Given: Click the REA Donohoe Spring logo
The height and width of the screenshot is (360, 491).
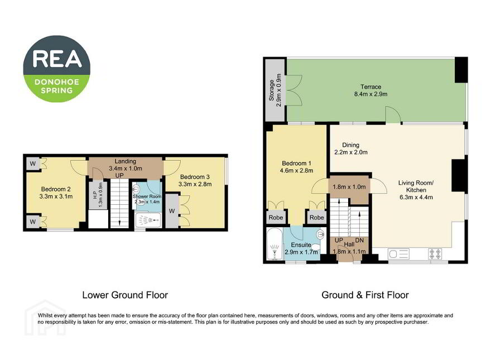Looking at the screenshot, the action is click(57, 69).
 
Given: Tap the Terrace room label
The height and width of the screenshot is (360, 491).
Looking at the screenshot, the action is click(370, 87).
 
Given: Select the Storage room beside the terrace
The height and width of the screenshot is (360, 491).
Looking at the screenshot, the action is click(275, 90).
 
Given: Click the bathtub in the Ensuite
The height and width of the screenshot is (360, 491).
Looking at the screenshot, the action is click(275, 244).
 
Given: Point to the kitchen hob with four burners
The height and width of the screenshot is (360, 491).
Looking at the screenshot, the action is click(435, 253).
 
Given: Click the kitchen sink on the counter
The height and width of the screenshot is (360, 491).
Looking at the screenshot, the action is click(398, 253).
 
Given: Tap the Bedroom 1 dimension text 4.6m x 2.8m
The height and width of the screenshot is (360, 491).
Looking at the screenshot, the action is click(296, 171).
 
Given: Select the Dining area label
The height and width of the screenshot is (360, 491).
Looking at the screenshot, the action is click(350, 145).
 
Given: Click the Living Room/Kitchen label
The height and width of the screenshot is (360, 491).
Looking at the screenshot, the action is click(416, 186).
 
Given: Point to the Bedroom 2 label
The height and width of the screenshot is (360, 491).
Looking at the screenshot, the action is click(56, 189).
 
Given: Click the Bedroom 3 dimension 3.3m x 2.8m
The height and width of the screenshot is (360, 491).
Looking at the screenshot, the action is click(195, 184).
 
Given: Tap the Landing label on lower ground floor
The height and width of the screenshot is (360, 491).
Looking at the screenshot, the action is click(125, 161).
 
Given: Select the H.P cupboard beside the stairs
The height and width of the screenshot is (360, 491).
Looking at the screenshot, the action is click(98, 195).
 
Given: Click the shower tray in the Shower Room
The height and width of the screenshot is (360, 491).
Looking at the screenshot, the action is click(148, 220).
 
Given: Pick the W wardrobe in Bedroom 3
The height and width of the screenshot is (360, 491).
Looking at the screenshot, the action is click(172, 211).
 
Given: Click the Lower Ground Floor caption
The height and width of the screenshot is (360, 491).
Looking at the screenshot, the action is click(125, 295).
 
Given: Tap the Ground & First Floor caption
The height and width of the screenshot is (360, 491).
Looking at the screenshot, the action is click(365, 295).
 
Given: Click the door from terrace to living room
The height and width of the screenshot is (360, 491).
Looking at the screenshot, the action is click(393, 115).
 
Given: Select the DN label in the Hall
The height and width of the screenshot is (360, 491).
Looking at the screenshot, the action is click(359, 241).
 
